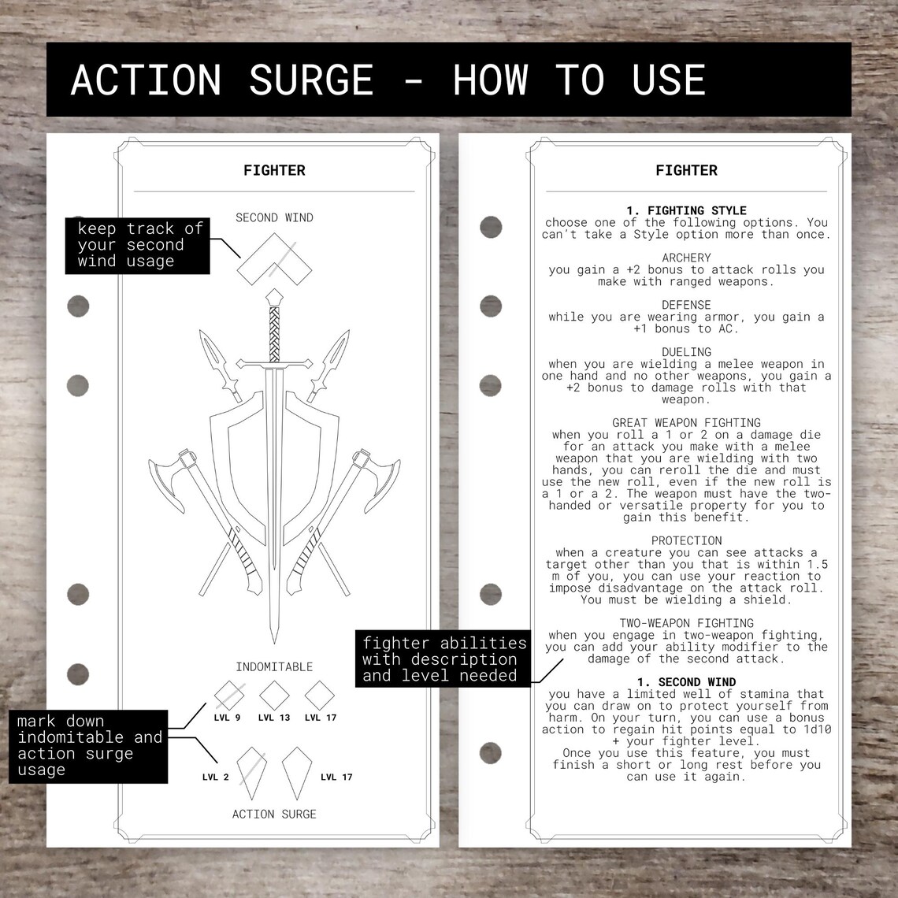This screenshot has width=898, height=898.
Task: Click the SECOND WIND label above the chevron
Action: point(274,217)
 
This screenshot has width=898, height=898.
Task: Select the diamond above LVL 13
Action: point(274,695)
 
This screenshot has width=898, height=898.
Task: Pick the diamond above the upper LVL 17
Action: point(320,695)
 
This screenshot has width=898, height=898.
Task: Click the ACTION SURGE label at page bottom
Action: point(274,814)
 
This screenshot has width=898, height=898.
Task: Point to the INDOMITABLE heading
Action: point(274,666)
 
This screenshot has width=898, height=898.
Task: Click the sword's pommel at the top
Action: point(273,298)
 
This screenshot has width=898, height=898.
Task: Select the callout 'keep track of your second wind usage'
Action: point(139,245)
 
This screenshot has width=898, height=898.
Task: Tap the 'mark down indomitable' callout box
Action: point(89,745)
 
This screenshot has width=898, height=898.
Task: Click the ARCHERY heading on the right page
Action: point(686,258)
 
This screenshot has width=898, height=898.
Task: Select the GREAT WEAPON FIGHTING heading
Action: point(686,423)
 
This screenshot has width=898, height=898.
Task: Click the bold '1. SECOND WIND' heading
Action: point(686,682)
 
